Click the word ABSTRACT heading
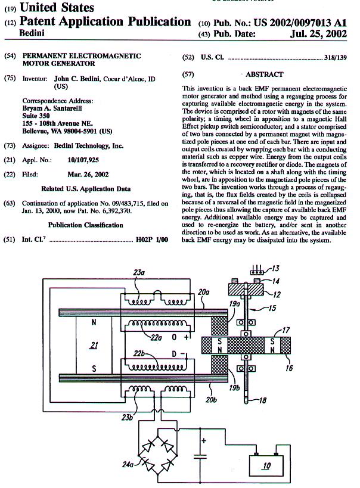click(x=264, y=74)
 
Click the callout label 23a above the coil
click(x=138, y=273)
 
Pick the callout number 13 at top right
click(x=275, y=269)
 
